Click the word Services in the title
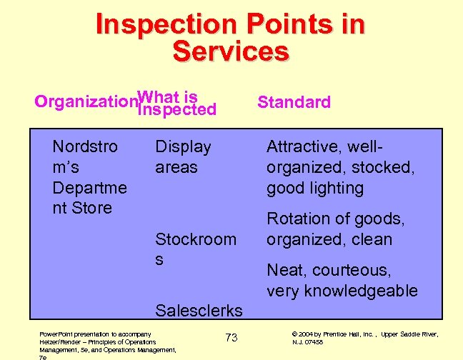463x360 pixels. tap(231, 51)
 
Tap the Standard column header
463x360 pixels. tap(294, 102)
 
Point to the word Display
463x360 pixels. tap(183, 147)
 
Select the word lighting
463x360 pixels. tap(335, 189)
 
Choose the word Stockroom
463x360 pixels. tap(196, 239)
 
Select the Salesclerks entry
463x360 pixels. tap(199, 311)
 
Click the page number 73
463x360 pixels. tap(231, 337)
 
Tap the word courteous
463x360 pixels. tap(351, 270)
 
